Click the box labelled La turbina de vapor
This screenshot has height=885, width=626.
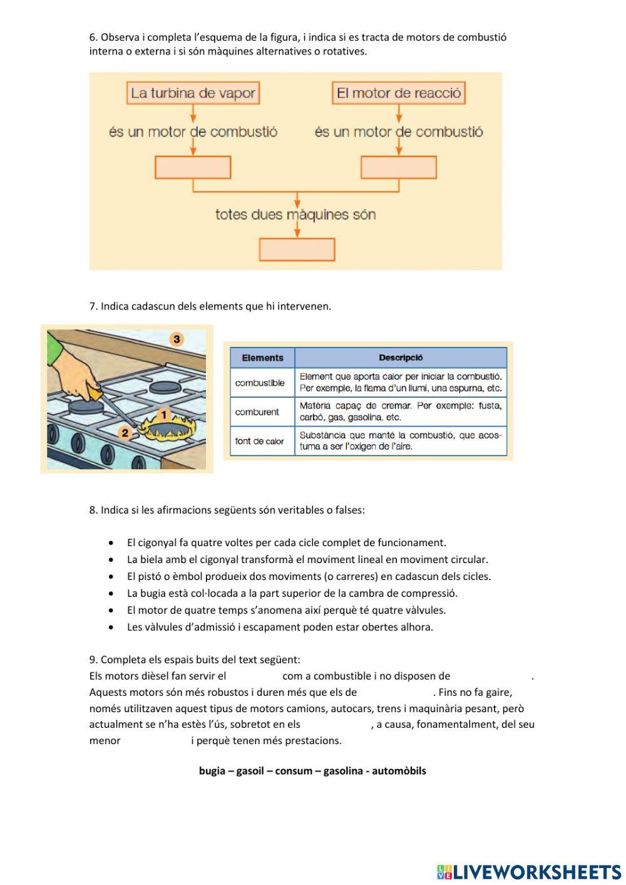point(193,93)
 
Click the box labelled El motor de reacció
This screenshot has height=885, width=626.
point(399,93)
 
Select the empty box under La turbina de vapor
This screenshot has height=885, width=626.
point(193,167)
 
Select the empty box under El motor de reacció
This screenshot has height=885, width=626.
point(399,167)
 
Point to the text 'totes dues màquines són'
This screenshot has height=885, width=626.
point(295,215)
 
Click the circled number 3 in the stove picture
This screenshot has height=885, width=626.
point(177,339)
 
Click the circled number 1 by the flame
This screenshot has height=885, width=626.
point(164,414)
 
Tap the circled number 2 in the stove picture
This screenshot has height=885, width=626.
point(125,432)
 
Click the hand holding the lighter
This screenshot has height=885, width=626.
point(75,376)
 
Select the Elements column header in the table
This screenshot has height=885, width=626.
point(262,358)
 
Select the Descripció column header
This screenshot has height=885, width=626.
point(401,358)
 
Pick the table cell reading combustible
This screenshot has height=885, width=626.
point(260,383)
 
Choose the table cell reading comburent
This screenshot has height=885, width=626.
point(257,412)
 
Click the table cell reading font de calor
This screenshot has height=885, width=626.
point(260,441)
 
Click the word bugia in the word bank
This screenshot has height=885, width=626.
point(212,771)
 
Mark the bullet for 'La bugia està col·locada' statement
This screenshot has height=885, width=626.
point(111,593)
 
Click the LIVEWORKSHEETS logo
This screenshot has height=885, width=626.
point(529,871)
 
